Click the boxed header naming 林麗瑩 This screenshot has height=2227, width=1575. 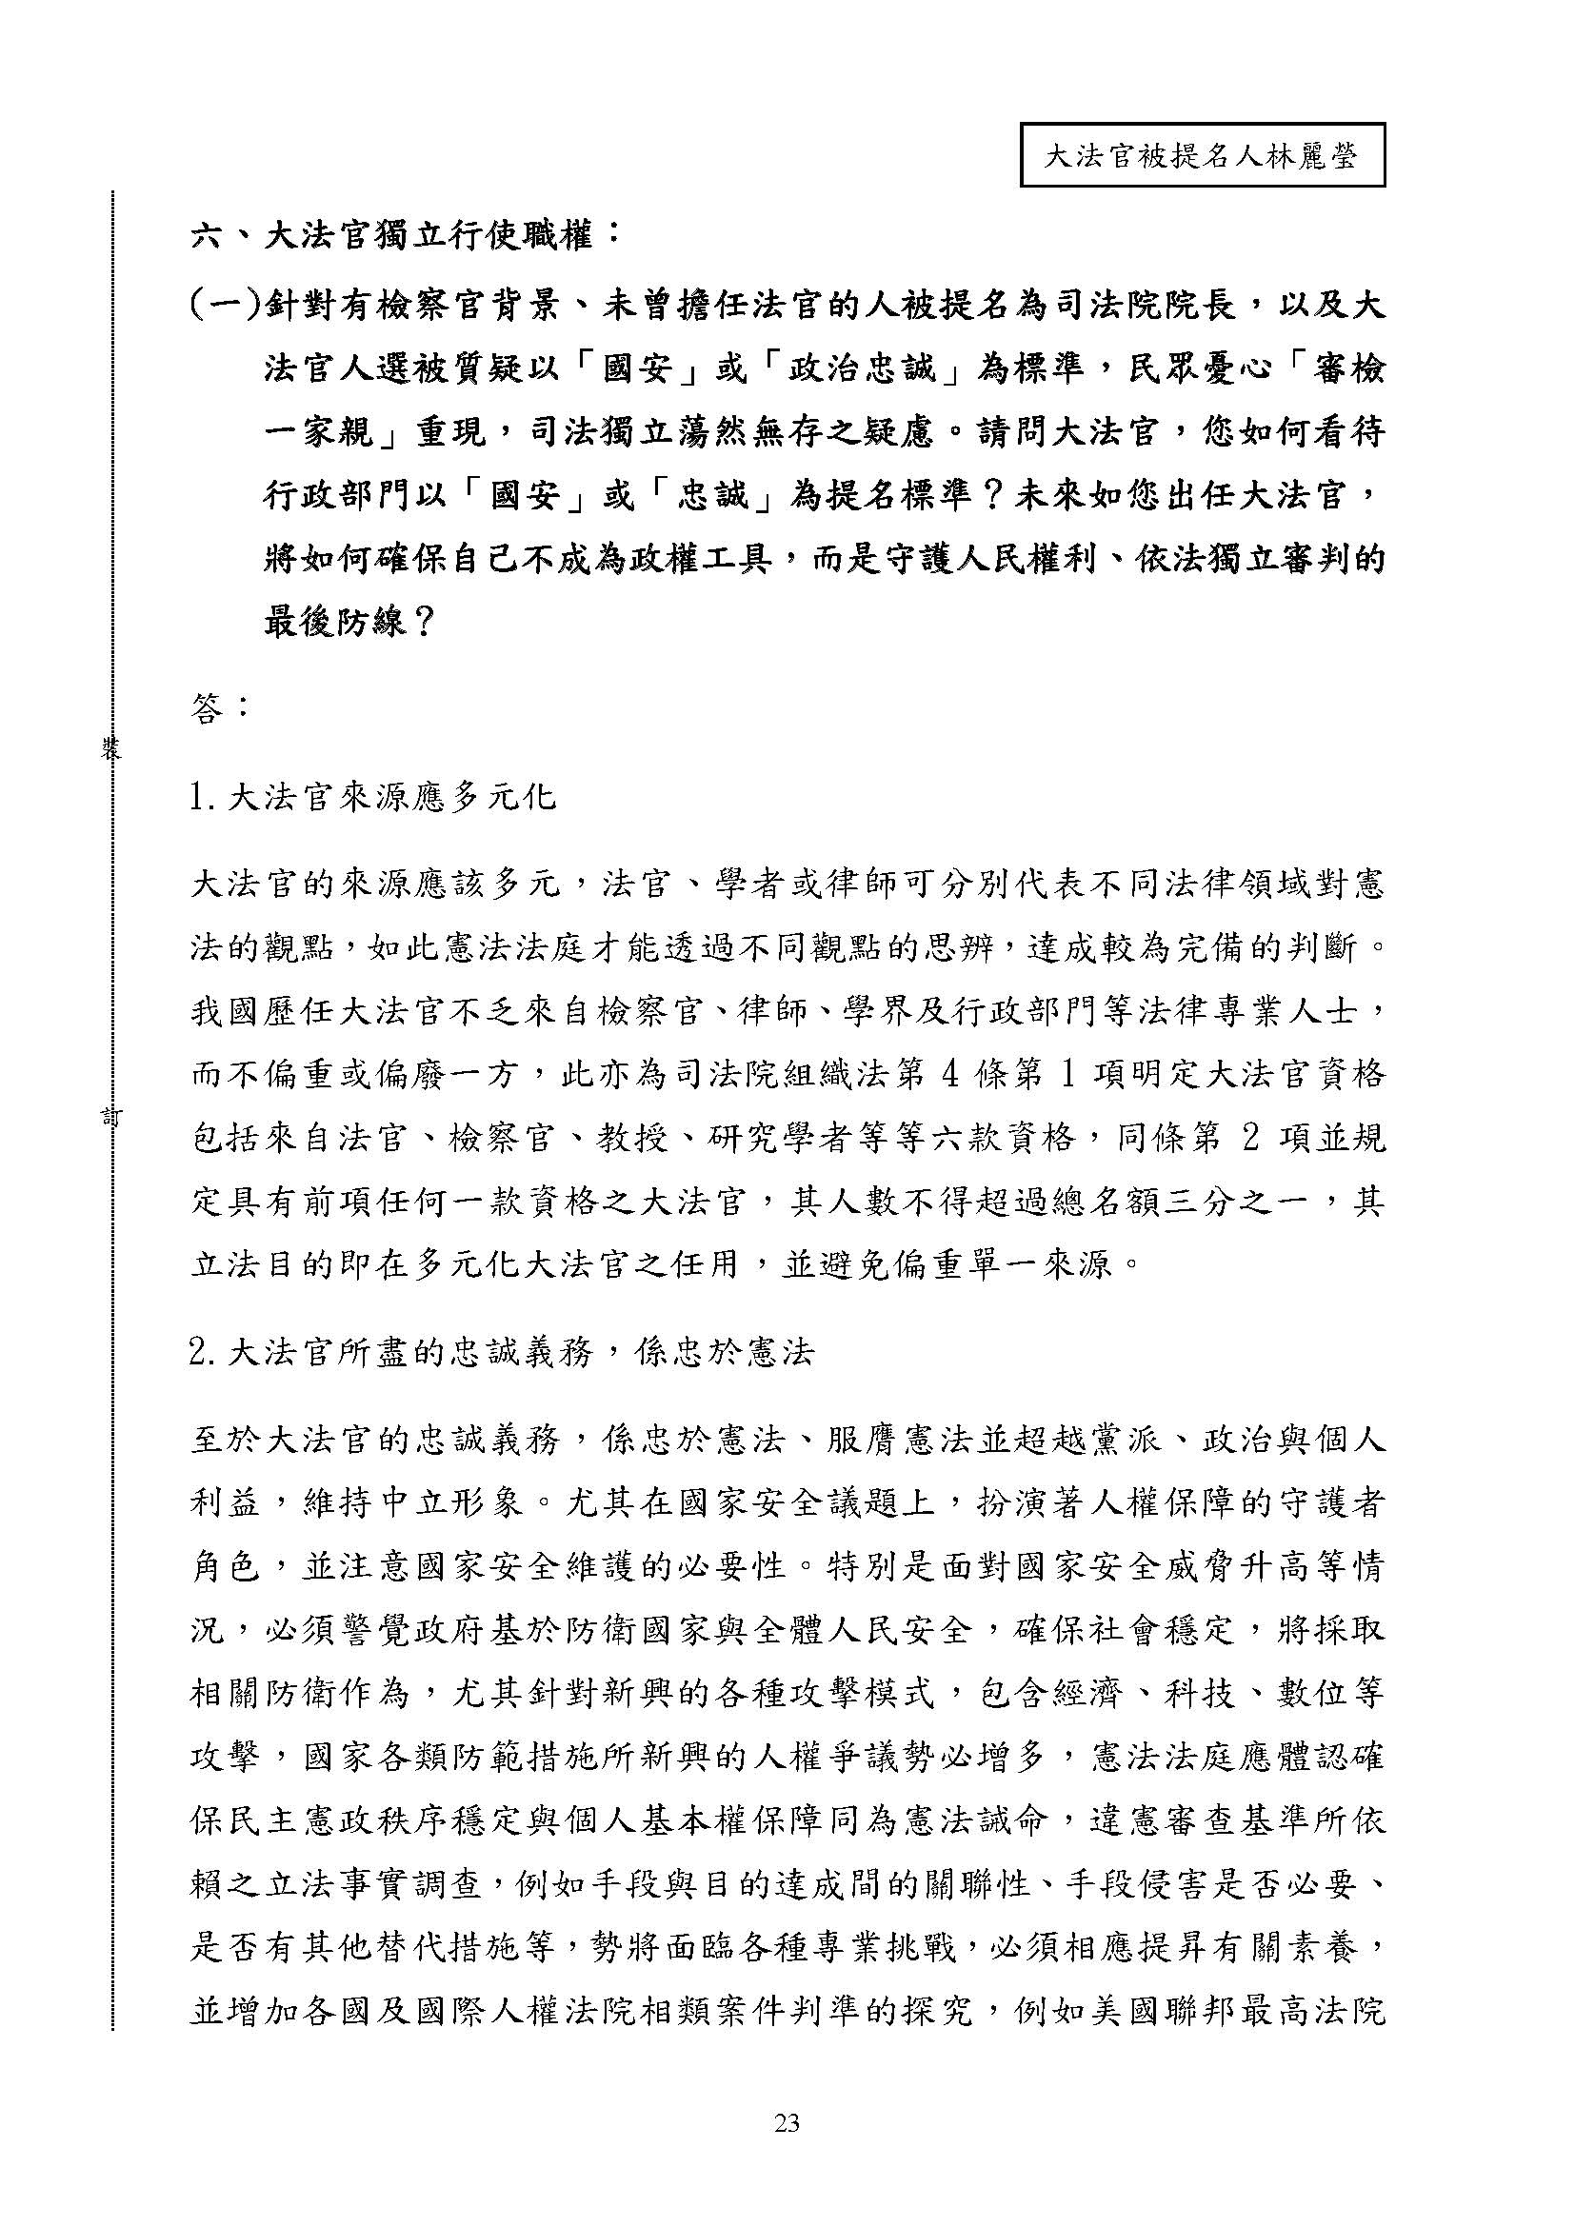click(x=1202, y=154)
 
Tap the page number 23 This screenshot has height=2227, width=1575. click(x=787, y=2124)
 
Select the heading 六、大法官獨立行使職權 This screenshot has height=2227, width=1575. click(x=406, y=235)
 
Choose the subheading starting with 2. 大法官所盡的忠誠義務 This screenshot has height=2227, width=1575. click(x=502, y=1354)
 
